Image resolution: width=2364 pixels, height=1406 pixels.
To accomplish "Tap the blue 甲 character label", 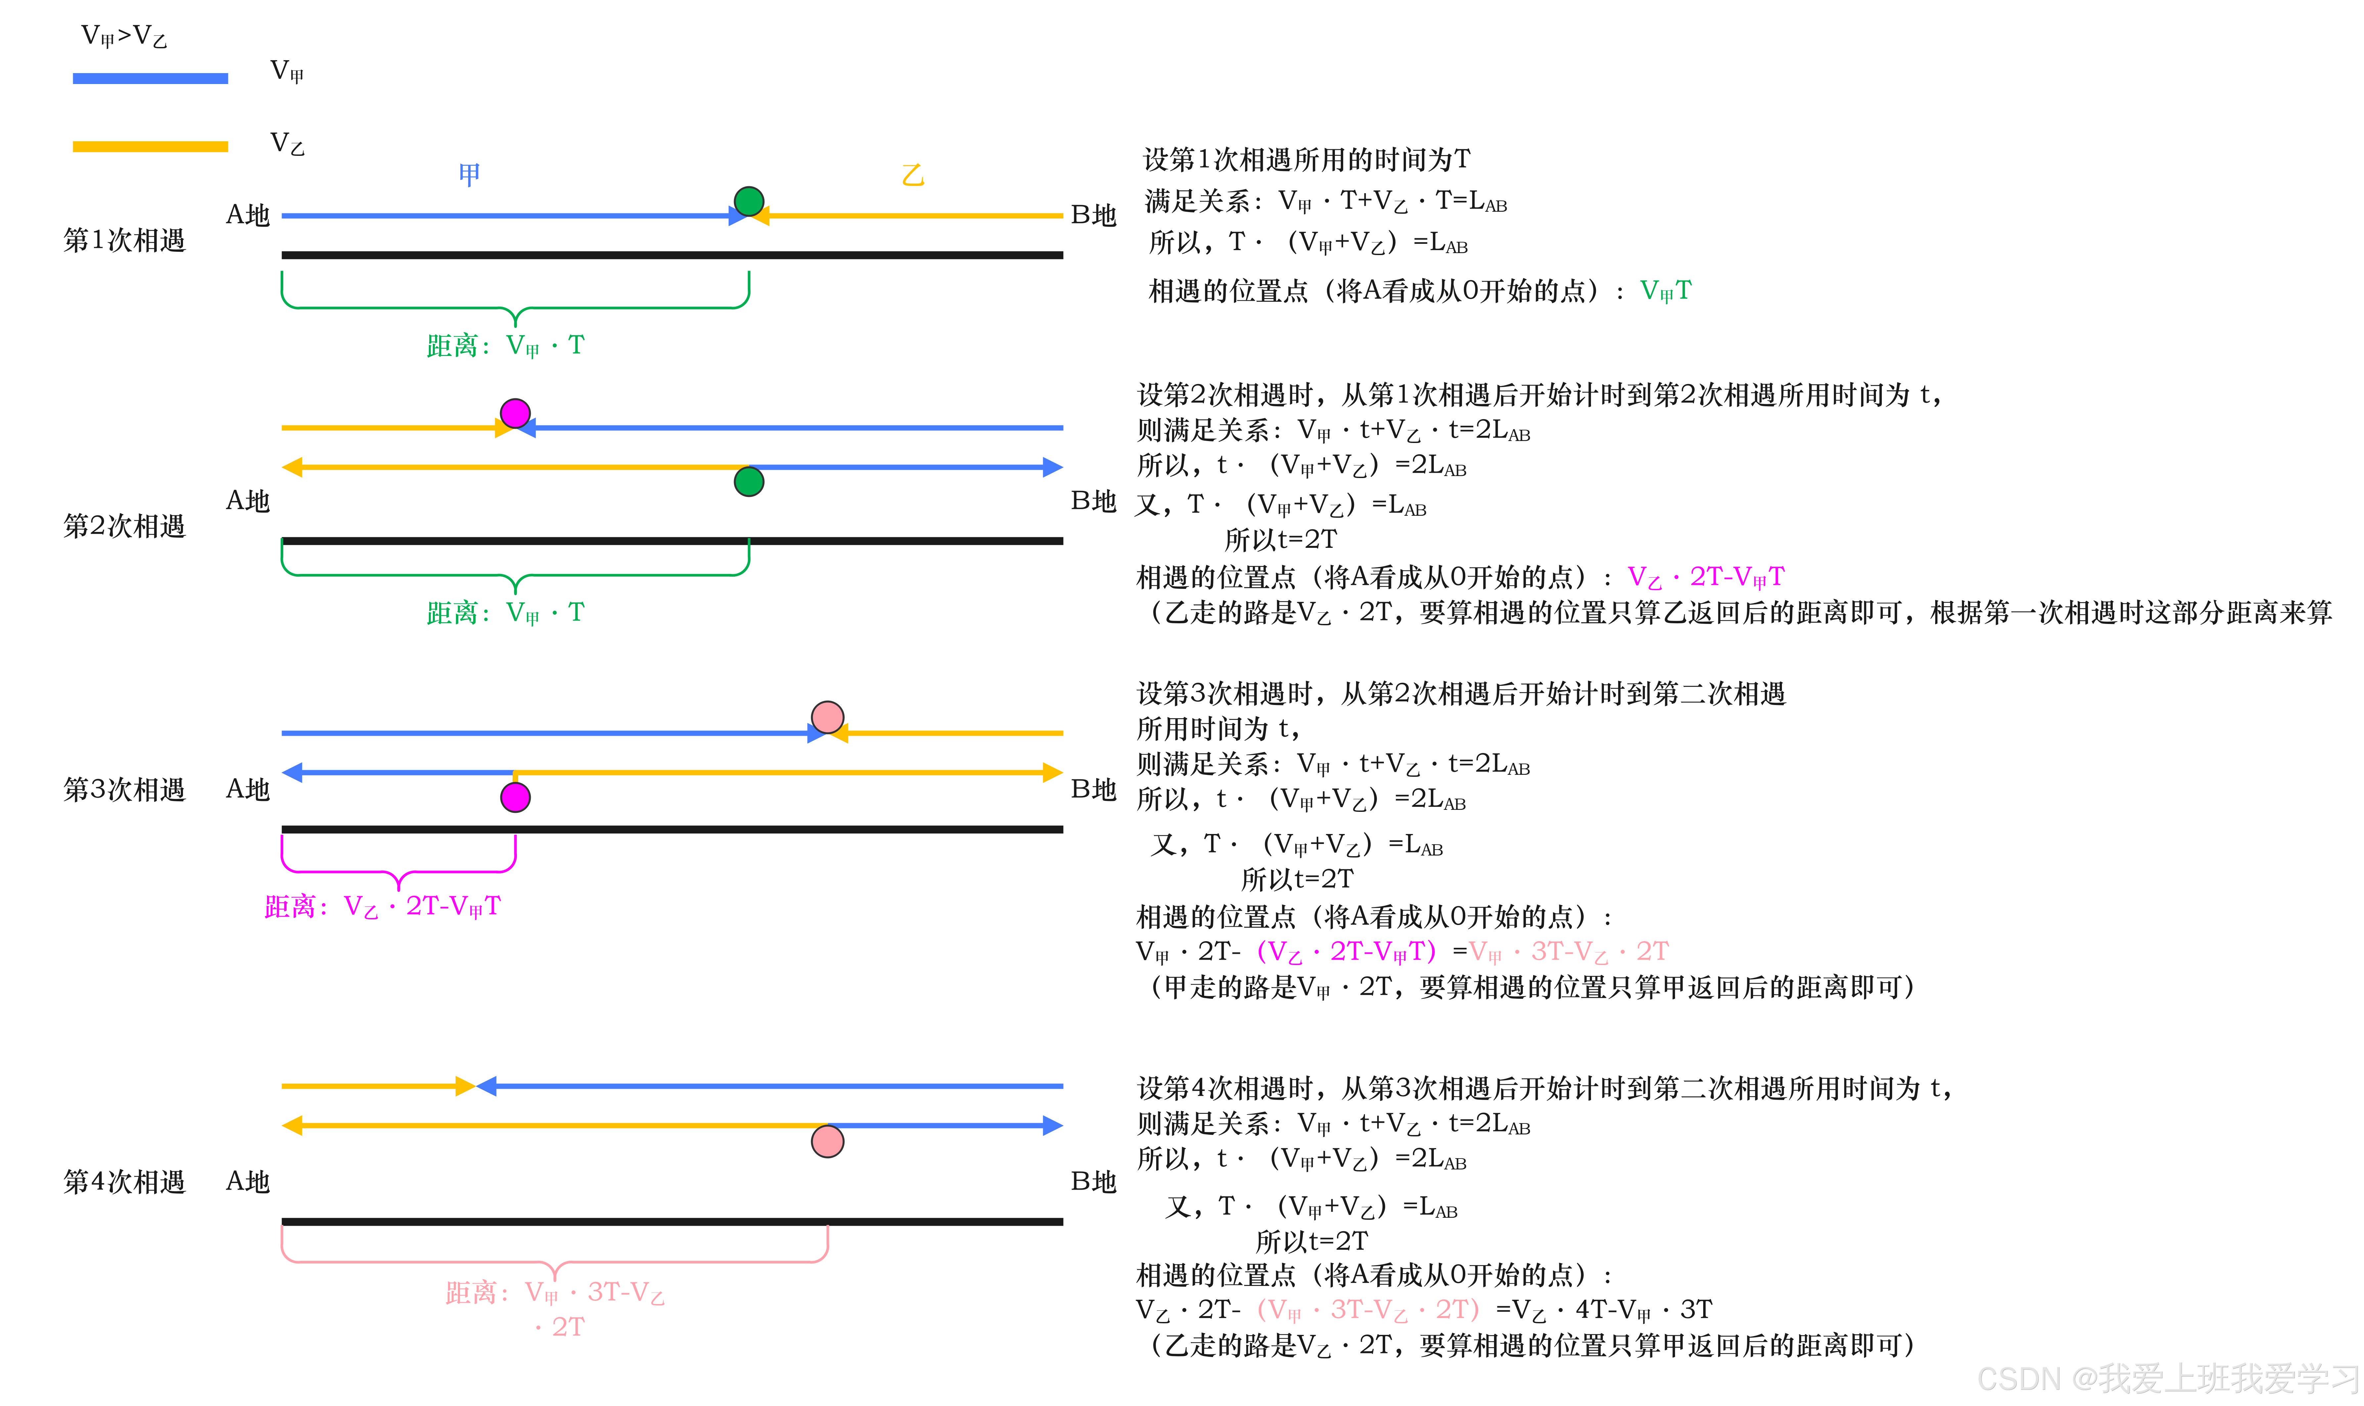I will point(469,174).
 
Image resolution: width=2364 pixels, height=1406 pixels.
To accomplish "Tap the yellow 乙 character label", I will point(912,174).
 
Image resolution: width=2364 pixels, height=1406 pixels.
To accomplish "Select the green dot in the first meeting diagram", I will point(749,201).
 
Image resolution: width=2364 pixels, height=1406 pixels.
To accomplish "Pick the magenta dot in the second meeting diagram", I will point(515,413).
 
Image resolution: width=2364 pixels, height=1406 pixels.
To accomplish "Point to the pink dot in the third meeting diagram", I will point(827,717).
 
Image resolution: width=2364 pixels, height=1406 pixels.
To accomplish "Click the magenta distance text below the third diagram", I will point(382,907).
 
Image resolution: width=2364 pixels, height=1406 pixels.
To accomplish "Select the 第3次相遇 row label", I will point(124,789).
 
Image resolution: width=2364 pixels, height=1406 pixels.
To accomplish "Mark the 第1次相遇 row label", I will point(124,241).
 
